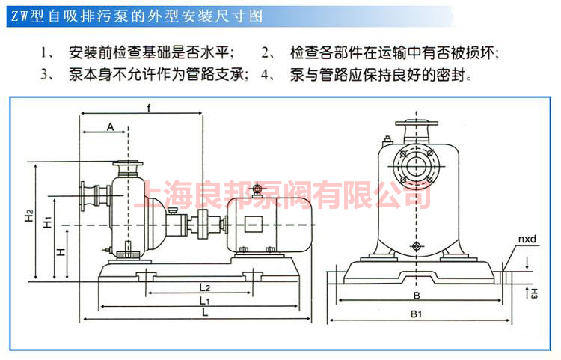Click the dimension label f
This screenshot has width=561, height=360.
point(149,108)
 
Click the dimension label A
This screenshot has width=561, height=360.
point(110,126)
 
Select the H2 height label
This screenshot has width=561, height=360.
point(29,216)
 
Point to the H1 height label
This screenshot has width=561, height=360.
point(48,222)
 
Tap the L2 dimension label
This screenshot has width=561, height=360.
point(205,287)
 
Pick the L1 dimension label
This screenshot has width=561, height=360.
point(204,300)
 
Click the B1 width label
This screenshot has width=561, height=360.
point(416,314)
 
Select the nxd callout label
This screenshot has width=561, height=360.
point(527,239)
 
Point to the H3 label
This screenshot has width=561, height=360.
point(533,293)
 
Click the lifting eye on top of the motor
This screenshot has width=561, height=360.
point(257,189)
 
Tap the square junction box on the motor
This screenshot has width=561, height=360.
point(253,225)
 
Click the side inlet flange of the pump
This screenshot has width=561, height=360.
point(83,195)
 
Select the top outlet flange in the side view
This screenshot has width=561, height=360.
point(128,164)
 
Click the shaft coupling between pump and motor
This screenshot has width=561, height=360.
point(201,225)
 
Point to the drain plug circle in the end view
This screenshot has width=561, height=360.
point(416,246)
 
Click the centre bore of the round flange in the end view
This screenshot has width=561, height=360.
point(416,165)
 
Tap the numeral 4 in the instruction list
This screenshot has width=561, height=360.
point(264,74)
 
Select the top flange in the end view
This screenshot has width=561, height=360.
point(417,123)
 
